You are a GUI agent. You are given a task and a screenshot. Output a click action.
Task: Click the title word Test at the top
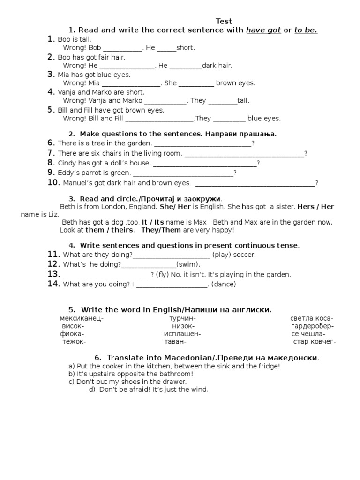tap(224, 21)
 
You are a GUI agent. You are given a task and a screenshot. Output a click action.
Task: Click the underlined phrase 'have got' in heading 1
tap(263, 30)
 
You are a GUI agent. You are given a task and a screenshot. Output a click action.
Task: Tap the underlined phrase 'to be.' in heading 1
tap(306, 30)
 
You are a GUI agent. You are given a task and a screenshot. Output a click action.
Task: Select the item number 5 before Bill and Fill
tap(51, 110)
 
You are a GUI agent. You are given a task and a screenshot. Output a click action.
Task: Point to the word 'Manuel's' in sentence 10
tap(77, 183)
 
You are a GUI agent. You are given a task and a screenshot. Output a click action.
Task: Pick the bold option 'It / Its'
tap(152, 222)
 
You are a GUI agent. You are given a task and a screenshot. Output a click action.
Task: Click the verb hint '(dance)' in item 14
tap(224, 284)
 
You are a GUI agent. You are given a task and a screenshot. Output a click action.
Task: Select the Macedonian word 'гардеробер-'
tap(312, 326)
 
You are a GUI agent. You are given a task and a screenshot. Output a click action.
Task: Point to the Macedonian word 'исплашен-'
tap(182, 334)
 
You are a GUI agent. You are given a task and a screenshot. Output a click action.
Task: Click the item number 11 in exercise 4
tap(53, 254)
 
